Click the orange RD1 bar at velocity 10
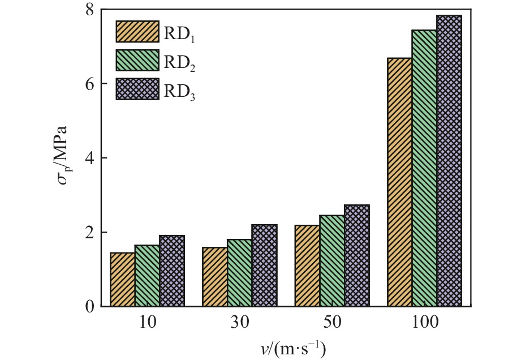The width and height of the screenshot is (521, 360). pos(122,280)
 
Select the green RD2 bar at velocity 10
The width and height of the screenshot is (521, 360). pos(147,276)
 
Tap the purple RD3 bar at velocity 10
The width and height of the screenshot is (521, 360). pos(172,271)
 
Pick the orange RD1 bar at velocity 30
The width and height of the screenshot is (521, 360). pos(215,277)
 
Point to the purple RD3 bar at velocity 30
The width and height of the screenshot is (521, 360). pos(264,265)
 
